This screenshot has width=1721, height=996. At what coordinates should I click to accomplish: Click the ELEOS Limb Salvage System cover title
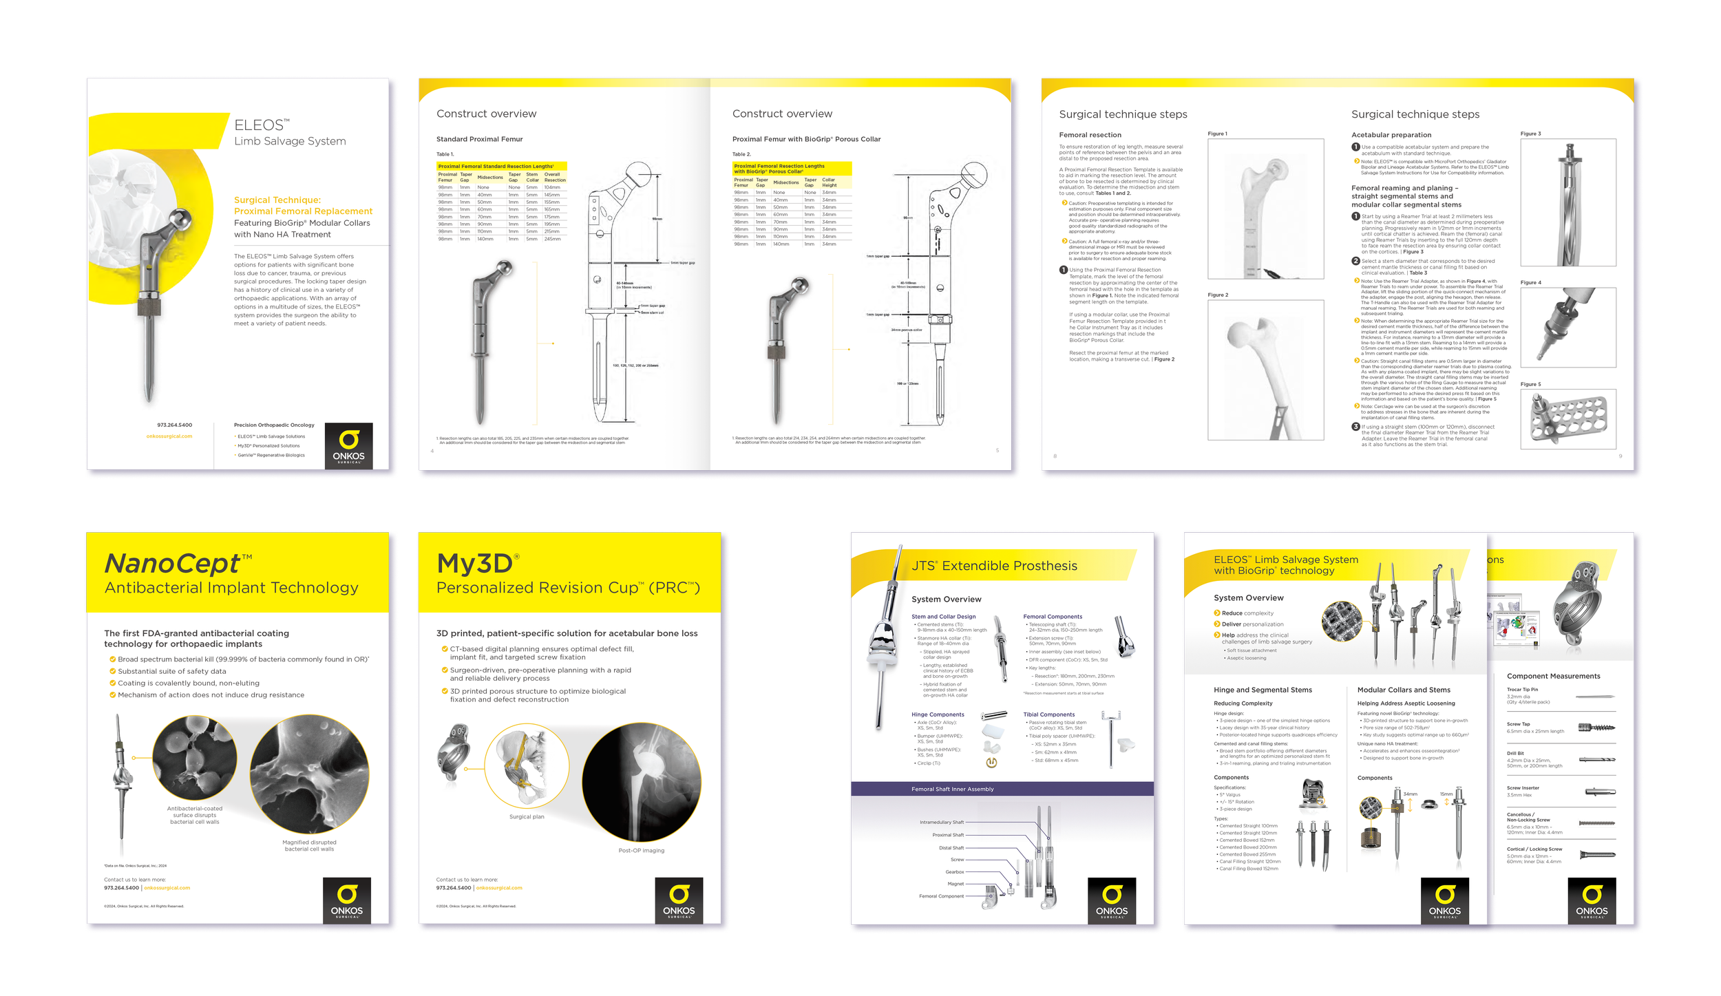click(x=289, y=133)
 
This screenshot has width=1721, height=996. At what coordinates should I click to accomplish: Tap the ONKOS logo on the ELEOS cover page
click(x=348, y=445)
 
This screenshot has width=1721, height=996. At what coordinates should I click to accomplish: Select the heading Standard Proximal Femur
click(x=479, y=139)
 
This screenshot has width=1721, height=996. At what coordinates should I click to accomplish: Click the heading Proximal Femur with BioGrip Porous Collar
click(x=806, y=139)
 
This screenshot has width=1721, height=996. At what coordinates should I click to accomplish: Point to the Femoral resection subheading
click(x=1090, y=135)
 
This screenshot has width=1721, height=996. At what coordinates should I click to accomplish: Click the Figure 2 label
click(x=1217, y=295)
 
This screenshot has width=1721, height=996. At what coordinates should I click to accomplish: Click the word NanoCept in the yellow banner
click(x=173, y=564)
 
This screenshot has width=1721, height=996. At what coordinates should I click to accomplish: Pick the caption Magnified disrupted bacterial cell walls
click(x=309, y=845)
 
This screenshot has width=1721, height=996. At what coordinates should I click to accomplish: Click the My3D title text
click(x=475, y=564)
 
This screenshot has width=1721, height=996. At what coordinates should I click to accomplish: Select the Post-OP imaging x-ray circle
click(x=641, y=783)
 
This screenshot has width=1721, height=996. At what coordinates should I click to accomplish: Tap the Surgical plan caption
click(x=527, y=817)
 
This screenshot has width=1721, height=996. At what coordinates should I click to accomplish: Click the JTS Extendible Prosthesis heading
click(x=994, y=566)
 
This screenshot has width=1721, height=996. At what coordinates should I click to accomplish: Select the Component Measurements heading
click(x=1553, y=676)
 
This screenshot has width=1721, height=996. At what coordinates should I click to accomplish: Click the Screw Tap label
click(x=1518, y=724)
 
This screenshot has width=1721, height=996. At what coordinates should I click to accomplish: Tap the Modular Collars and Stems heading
click(x=1403, y=690)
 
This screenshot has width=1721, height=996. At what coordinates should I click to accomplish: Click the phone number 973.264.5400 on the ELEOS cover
click(x=174, y=425)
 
